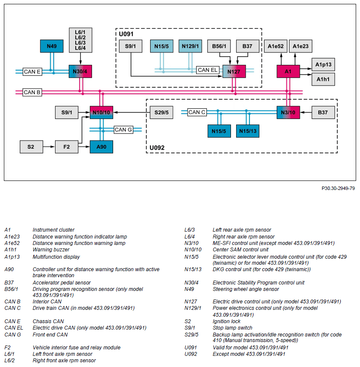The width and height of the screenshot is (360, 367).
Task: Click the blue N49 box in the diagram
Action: pos(52,46)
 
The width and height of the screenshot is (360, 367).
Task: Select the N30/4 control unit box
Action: pos(80,71)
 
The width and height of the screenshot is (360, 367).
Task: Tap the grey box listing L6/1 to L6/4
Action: pos(80,40)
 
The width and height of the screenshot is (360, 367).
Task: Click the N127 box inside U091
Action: pos(234,71)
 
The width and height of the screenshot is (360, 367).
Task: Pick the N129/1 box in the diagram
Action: pos(191,46)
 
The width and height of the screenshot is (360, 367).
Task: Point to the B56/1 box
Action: pos(219,46)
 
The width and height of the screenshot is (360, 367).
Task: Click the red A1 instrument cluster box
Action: pos(288,71)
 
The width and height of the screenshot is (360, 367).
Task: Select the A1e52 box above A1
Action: pos(276,46)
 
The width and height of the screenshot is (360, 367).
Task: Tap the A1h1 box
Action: pos(323,80)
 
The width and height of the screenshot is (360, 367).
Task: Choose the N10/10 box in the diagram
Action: pos(102,113)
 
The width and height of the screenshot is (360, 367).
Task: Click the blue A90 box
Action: pos(102,147)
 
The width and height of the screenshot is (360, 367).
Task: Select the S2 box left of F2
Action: pos(31,147)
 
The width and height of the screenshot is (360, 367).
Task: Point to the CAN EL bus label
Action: pos(208,70)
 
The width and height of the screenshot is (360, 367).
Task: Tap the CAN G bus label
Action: pos(123,129)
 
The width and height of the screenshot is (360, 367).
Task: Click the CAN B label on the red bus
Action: pos(32,92)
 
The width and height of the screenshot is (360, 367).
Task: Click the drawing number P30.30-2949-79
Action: pos(338,188)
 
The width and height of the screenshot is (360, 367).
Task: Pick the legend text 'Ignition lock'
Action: pos(227,321)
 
